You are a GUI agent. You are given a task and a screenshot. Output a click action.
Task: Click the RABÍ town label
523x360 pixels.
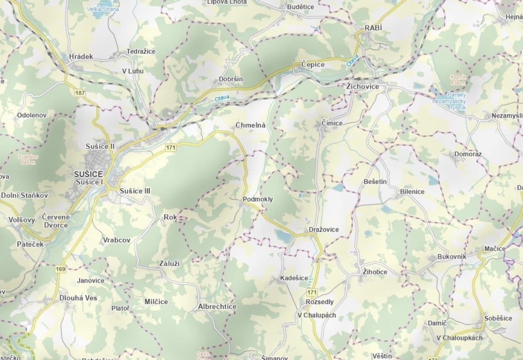pos(373,28)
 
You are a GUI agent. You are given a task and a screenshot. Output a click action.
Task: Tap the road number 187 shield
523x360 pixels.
pos(80,93)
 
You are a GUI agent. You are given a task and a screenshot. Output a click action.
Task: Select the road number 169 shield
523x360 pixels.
pos(61,269)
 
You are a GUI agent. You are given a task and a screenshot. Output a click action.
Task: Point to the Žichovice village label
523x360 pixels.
pos(363,86)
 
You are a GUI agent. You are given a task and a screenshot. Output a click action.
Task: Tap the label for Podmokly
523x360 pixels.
pos(257,199)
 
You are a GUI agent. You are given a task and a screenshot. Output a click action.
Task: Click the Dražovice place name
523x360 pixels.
pos(324,229)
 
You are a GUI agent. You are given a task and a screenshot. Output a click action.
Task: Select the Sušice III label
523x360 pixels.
pos(135,191)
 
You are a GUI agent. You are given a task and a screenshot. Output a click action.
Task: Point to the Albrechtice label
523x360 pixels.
pos(217,306)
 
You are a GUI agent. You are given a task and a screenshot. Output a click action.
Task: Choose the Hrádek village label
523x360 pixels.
pos(81,56)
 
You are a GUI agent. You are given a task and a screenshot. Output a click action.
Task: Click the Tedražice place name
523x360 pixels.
pos(141,51)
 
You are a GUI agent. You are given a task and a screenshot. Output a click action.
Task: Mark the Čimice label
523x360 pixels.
pos(332,123)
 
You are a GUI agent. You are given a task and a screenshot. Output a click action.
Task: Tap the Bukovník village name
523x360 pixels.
pos(451,256)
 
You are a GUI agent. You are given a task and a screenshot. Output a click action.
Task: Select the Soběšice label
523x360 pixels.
pos(498,318)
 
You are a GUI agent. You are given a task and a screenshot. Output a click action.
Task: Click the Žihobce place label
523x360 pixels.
pos(374,272)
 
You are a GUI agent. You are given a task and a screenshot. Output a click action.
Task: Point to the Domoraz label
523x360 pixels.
pos(468,154)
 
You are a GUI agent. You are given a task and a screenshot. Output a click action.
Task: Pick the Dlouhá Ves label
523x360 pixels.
pos(78,298)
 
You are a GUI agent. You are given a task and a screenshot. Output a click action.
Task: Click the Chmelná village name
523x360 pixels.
pos(251,125)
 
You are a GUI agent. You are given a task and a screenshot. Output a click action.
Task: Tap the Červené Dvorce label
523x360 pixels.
pos(55,220)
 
